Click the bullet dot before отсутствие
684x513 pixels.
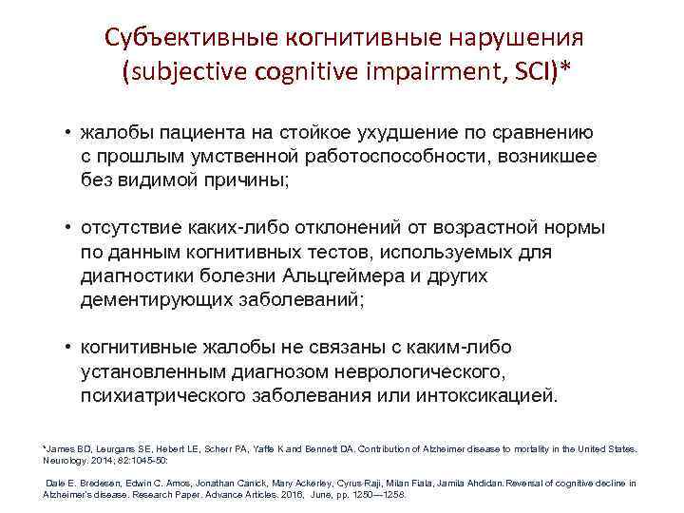(x=69, y=229)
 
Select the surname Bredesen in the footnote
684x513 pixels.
(x=97, y=484)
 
